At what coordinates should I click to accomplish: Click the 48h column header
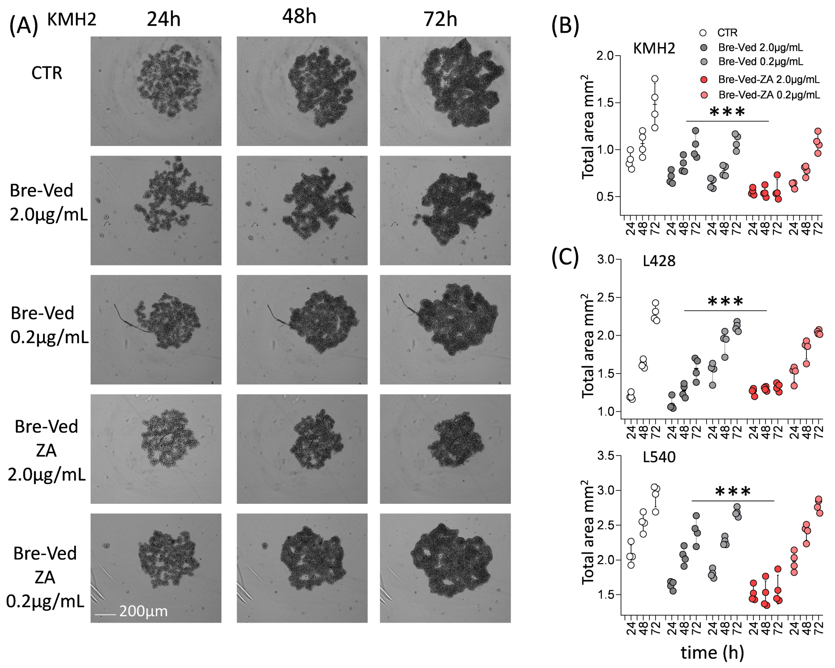299,17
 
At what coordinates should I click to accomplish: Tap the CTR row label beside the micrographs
46,73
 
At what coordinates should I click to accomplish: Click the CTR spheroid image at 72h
445,91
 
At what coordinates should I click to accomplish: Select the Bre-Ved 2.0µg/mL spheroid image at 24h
156,210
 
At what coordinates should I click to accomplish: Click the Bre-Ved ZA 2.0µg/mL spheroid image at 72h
445,449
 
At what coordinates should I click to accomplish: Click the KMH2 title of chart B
654,48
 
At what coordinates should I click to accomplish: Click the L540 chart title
659,457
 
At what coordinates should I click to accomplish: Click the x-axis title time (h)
712,652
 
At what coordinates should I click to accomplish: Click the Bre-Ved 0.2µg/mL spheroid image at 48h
302,329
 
